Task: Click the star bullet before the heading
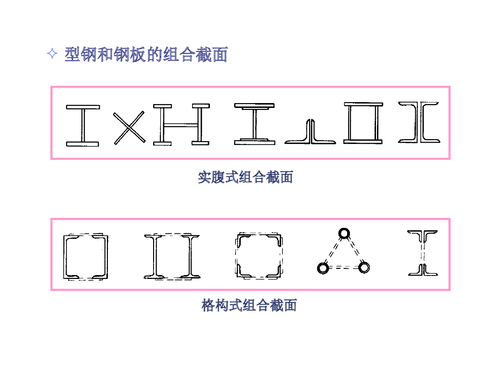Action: tap(52, 54)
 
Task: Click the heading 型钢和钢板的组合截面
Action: tap(145, 54)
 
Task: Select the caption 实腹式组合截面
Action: tap(245, 177)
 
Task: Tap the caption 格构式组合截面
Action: tap(249, 305)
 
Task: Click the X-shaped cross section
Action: tap(129, 127)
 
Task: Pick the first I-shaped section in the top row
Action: tap(82, 125)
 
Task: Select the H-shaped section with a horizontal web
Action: tap(181, 125)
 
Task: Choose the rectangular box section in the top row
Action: tap(363, 123)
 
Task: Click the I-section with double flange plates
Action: tap(254, 124)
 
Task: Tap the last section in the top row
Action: tap(418, 122)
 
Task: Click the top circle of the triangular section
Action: tap(344, 233)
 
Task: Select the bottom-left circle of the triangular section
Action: tap(323, 267)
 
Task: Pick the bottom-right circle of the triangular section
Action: tap(364, 267)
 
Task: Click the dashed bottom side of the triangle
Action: tap(343, 267)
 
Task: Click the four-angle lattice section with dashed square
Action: tap(258, 255)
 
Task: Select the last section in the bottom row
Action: tap(423, 253)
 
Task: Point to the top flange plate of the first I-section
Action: tap(82, 107)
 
